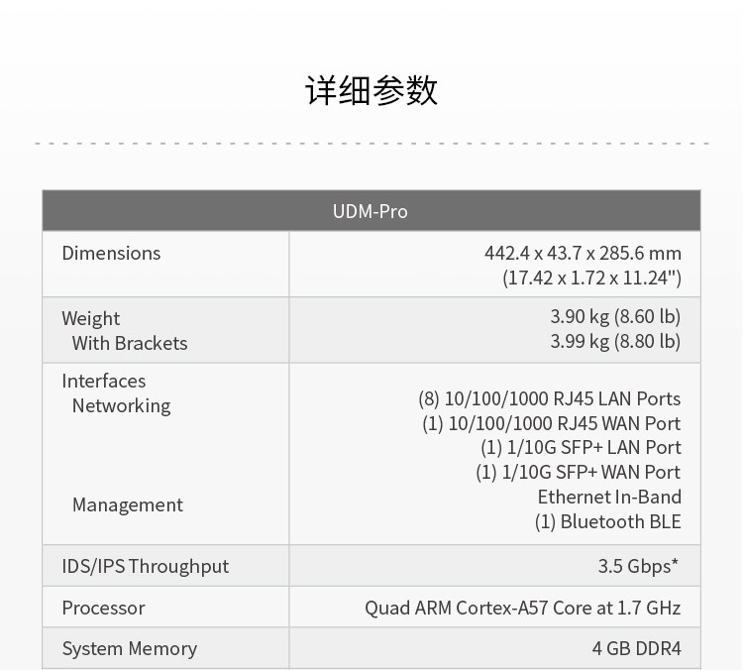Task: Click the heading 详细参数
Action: (x=371, y=90)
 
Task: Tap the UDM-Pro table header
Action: (x=371, y=211)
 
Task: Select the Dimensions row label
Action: (x=111, y=253)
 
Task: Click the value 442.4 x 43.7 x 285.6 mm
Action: (x=583, y=253)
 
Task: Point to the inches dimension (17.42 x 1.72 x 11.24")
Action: (x=591, y=278)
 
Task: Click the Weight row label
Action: (x=90, y=318)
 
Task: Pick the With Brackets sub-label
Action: (x=130, y=343)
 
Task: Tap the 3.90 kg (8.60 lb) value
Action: (x=615, y=316)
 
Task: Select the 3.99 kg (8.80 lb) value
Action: (x=615, y=341)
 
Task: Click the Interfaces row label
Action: (x=104, y=381)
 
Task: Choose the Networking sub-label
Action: (x=121, y=406)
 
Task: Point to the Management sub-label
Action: (x=128, y=505)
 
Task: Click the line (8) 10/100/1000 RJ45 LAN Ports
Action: (x=550, y=398)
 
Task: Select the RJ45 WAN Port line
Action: (x=552, y=423)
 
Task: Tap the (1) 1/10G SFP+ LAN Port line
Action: (x=581, y=448)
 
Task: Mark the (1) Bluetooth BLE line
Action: (x=608, y=521)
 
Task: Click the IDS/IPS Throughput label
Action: (x=146, y=566)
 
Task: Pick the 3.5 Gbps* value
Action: (x=638, y=566)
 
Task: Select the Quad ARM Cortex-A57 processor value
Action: (x=523, y=608)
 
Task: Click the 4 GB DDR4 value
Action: (x=636, y=648)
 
